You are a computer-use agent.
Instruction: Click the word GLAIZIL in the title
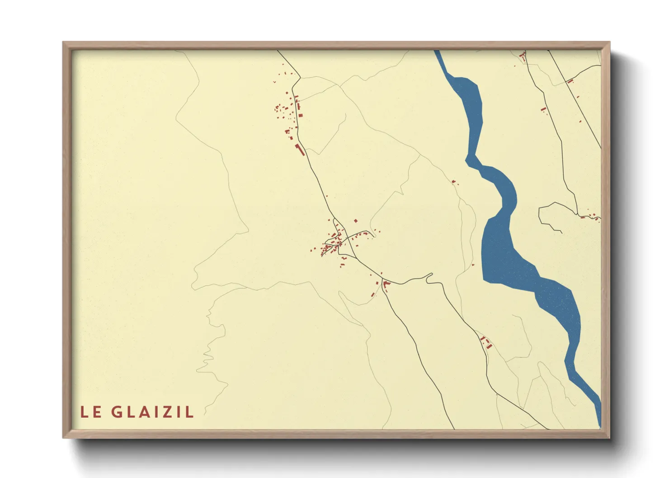[152, 412]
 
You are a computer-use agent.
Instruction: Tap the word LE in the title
[91, 412]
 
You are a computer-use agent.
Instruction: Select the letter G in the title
[117, 412]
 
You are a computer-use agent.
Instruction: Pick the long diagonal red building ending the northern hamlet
[300, 150]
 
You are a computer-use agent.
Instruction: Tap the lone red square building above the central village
[356, 221]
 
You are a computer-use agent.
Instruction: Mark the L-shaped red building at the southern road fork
[386, 284]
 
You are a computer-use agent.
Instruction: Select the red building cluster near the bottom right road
[485, 342]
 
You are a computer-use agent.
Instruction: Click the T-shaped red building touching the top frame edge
[523, 56]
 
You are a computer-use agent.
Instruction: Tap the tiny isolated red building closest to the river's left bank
[473, 265]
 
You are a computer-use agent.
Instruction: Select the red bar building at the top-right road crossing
[570, 81]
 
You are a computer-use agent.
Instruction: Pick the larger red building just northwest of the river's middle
[453, 182]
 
